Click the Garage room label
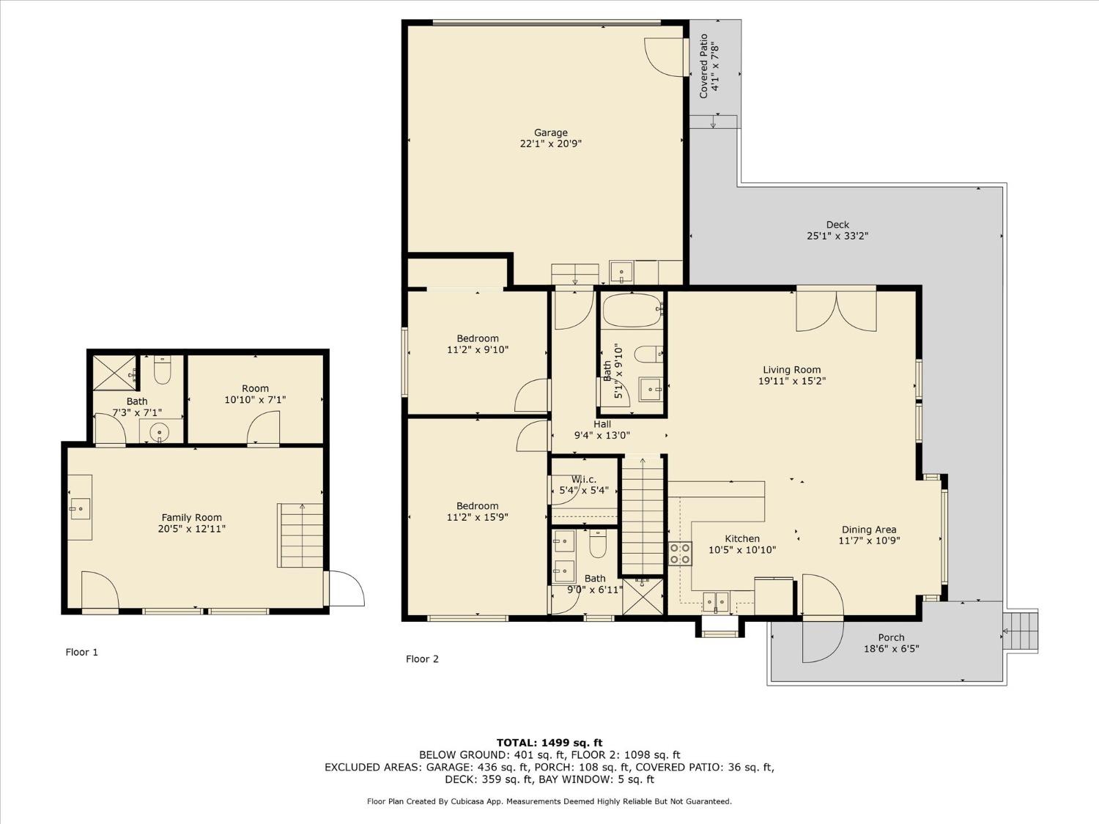(550, 133)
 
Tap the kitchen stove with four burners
(680, 553)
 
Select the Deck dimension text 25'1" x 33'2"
(837, 236)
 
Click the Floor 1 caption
(81, 652)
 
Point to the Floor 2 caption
(422, 658)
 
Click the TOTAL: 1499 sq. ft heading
(549, 742)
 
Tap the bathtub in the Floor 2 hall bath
(632, 310)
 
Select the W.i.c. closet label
(583, 480)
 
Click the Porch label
(891, 637)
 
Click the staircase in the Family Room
(300, 535)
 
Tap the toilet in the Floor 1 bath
(162, 371)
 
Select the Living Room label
(791, 370)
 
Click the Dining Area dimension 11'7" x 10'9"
(869, 541)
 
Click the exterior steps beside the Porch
(1021, 631)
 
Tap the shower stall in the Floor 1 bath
(114, 373)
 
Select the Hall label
(602, 424)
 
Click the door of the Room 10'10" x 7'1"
(264, 429)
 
